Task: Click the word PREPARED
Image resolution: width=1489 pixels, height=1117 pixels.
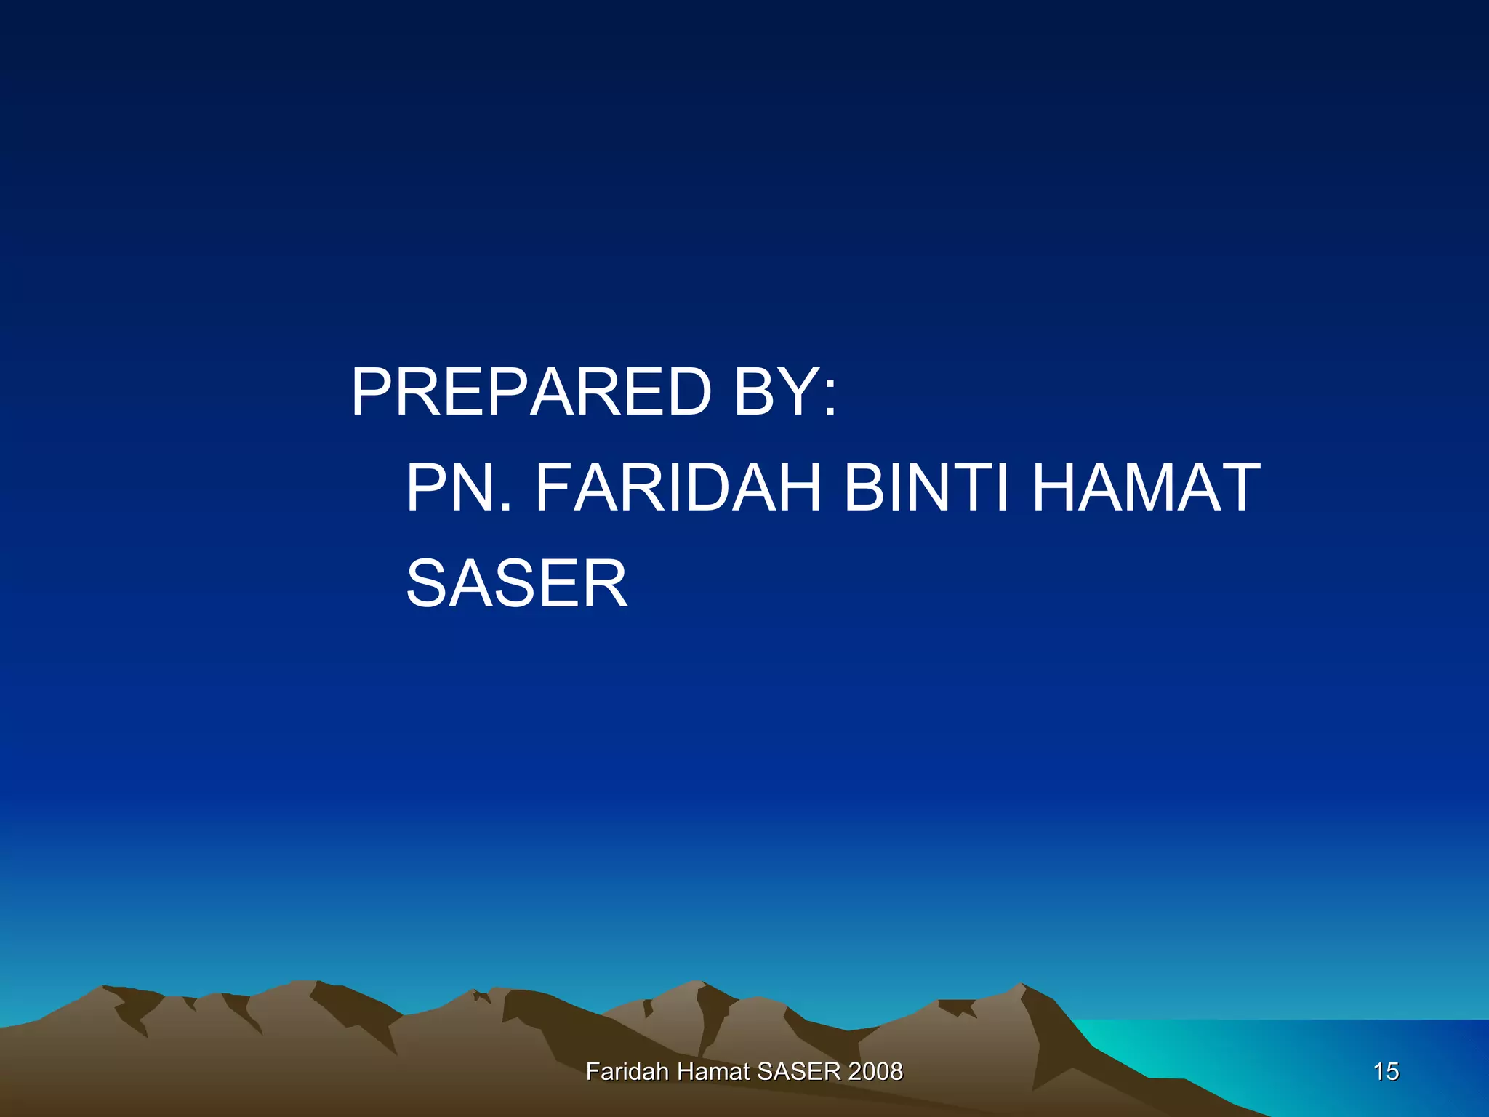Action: coord(531,392)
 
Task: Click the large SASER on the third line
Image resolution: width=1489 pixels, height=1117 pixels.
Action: coord(516,583)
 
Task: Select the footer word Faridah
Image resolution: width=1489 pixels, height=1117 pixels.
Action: coord(627,1071)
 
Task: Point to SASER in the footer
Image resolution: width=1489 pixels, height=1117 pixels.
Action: coord(798,1071)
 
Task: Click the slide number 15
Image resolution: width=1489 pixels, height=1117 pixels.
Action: coord(1386,1071)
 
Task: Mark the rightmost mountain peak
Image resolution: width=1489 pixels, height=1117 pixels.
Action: coord(1022,986)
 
